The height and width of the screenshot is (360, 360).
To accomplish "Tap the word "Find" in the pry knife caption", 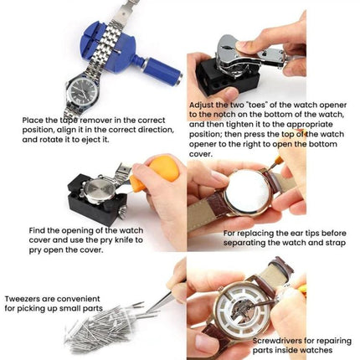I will click(x=39, y=229).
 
